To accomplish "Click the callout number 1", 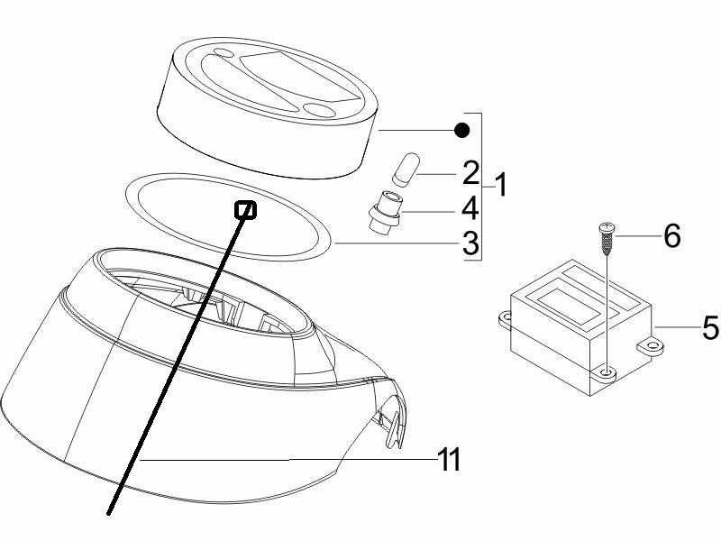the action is (x=501, y=185).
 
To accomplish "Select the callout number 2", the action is (x=470, y=173).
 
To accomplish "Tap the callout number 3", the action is (x=470, y=243).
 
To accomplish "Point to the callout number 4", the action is (x=470, y=208).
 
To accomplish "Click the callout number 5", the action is (x=711, y=327).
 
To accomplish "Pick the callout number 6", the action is (x=671, y=236).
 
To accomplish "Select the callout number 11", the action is (x=449, y=459).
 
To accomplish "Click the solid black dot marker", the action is (x=461, y=131).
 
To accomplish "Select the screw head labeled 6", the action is (x=607, y=227).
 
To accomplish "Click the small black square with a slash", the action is (x=245, y=210).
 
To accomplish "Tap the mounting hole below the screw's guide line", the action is (x=607, y=371).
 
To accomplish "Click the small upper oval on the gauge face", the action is (x=224, y=53).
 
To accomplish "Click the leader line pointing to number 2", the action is (x=436, y=174).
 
